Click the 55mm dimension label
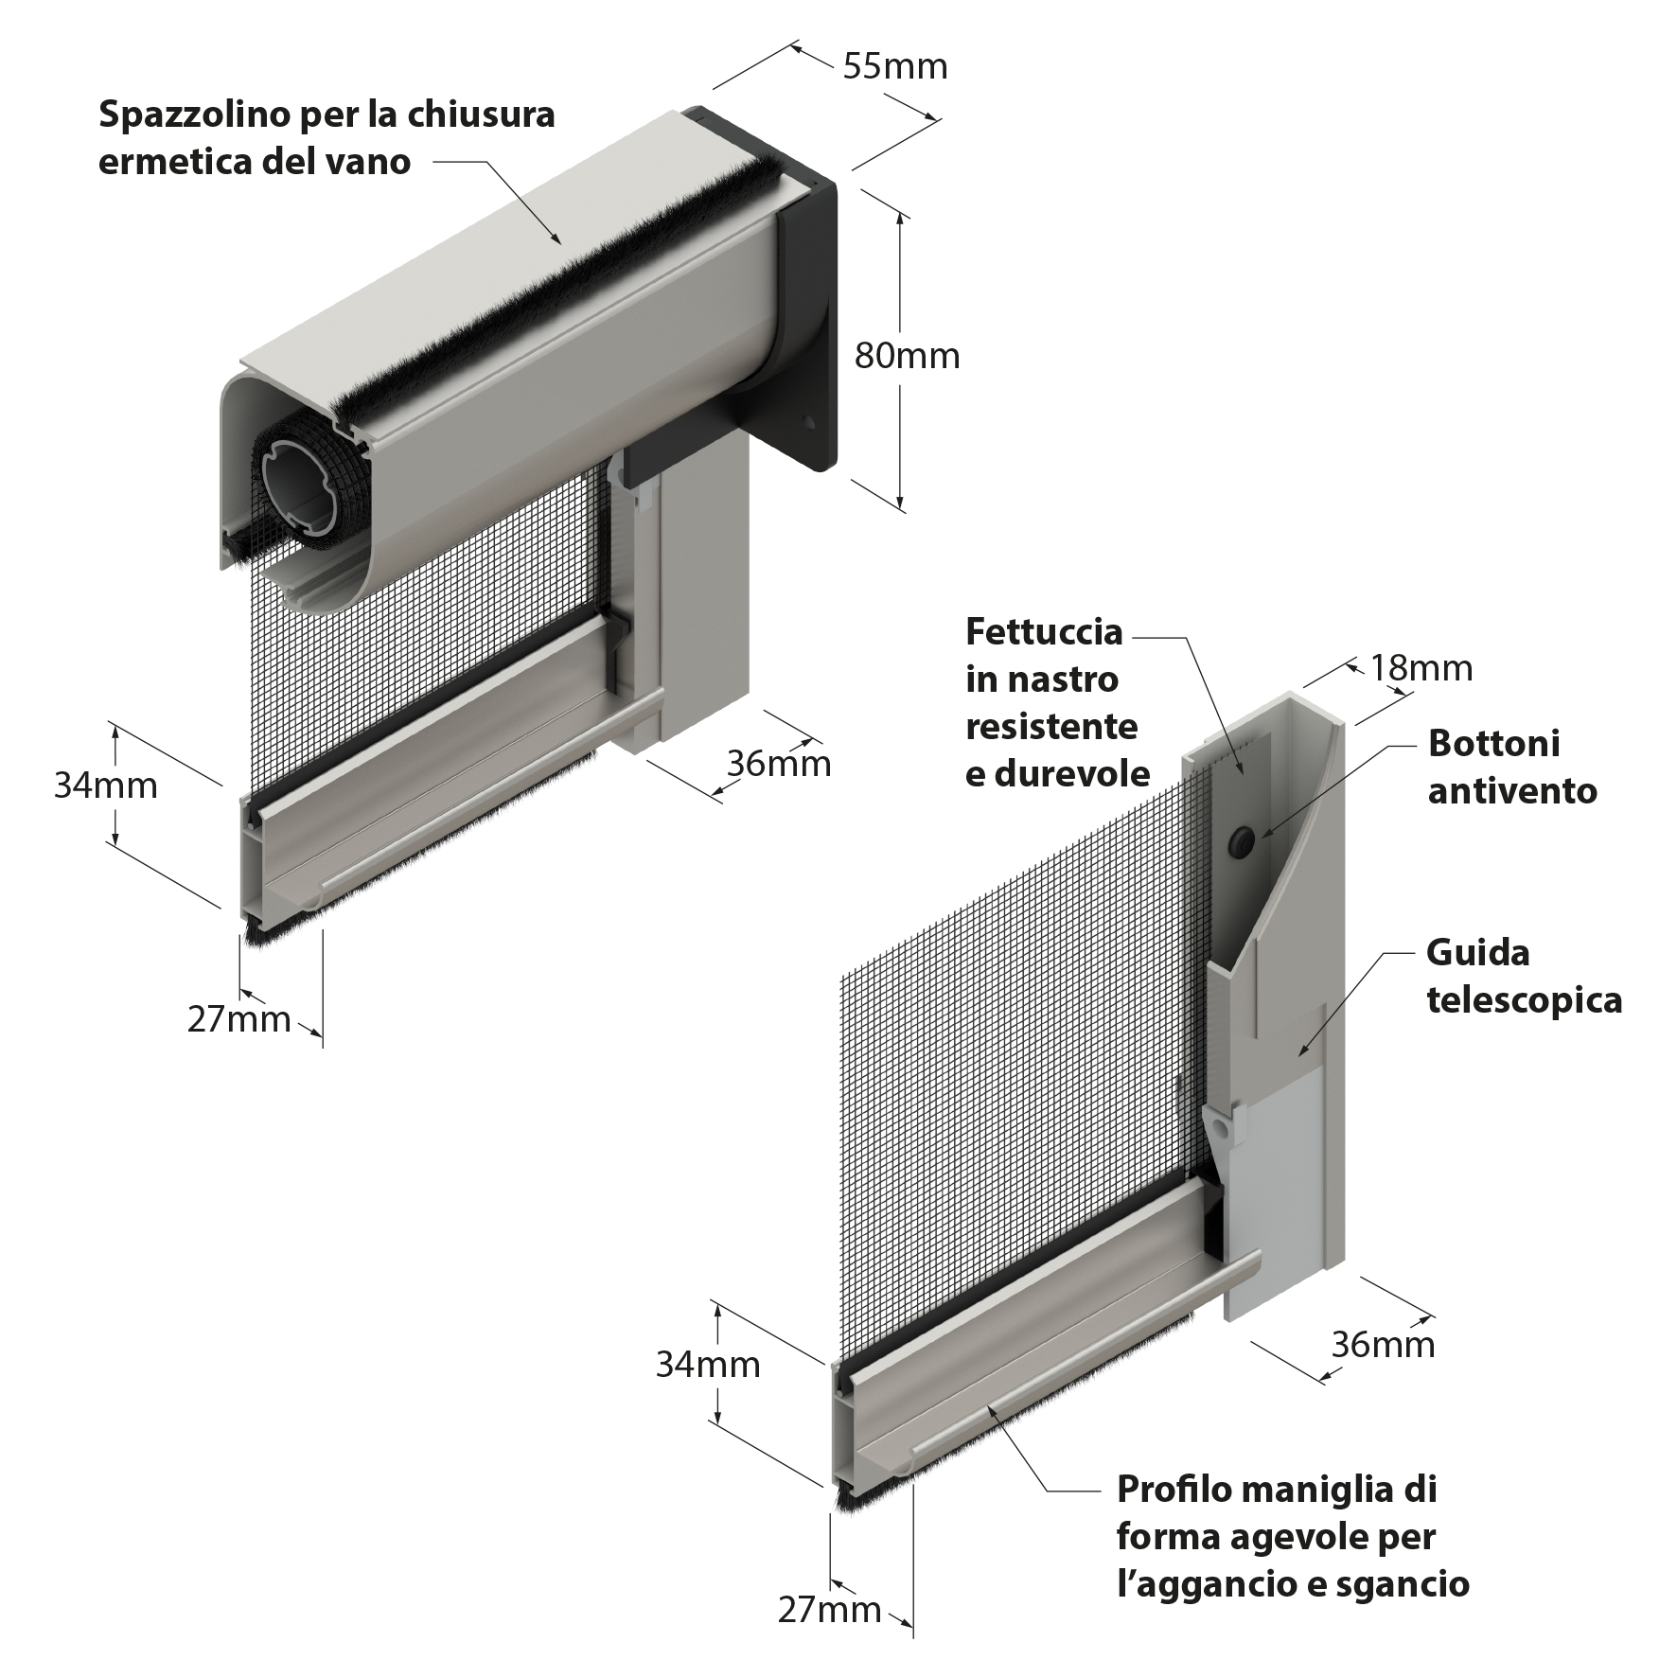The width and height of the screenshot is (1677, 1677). click(894, 66)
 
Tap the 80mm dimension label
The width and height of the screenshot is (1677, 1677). click(907, 356)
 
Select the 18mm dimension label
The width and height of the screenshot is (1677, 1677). click(1421, 668)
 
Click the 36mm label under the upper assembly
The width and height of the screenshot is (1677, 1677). click(779, 763)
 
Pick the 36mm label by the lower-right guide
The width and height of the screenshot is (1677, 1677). click(1383, 1344)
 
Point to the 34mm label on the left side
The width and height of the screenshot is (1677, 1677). click(105, 786)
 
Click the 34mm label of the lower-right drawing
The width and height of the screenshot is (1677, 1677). click(708, 1364)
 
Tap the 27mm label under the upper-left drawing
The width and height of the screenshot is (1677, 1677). click(238, 1019)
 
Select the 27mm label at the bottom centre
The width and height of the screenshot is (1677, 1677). click(829, 1609)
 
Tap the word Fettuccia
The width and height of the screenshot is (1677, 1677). click(1044, 631)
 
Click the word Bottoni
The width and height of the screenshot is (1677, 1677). click(1493, 743)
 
